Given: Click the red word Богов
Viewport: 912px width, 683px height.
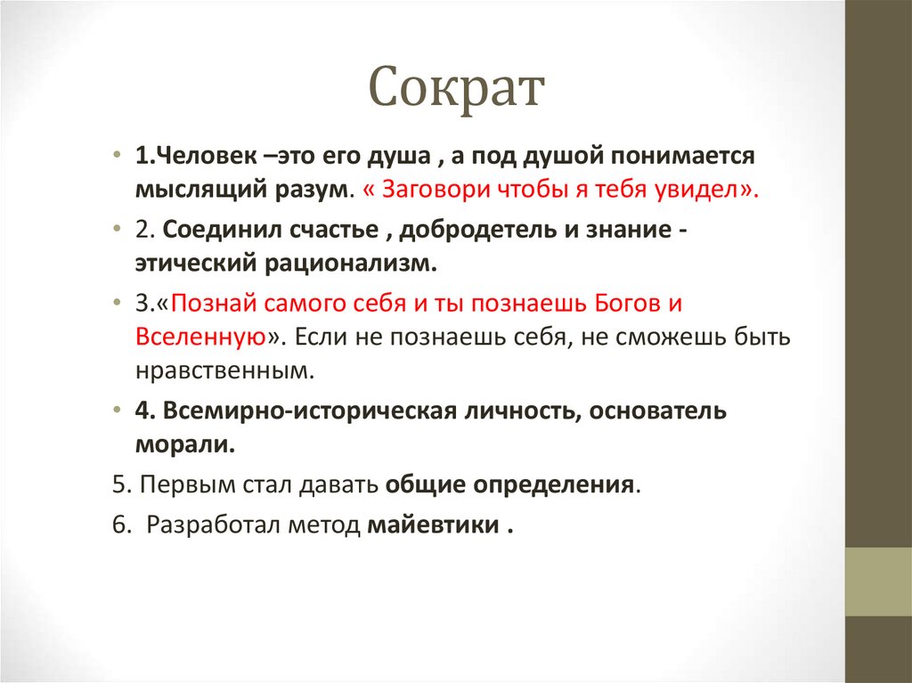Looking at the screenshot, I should (628, 303).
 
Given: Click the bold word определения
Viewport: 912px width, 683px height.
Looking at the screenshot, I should (552, 486).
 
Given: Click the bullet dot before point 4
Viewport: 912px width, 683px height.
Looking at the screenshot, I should (118, 411).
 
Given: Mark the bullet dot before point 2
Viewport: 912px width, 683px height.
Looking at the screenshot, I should (118, 230).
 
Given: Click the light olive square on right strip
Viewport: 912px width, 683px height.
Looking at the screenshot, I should (877, 581).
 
